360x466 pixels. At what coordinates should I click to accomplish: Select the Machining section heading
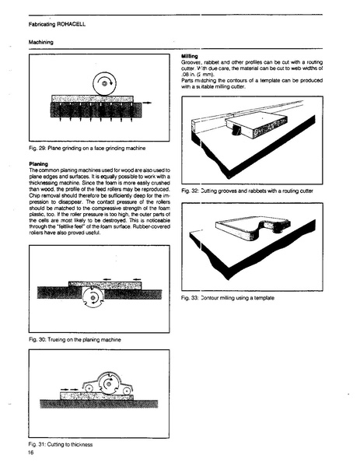42,43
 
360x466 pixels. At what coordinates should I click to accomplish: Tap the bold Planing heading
39,164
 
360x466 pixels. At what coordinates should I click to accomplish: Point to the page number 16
31,451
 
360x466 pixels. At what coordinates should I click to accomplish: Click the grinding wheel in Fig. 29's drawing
103,82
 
